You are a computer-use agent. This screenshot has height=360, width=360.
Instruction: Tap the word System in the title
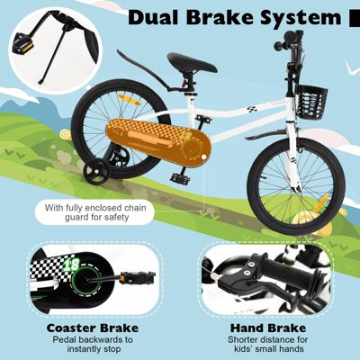click(x=301, y=18)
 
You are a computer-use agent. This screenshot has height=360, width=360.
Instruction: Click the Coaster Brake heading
click(x=93, y=328)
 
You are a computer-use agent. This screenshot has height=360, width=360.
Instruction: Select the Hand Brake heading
click(x=268, y=328)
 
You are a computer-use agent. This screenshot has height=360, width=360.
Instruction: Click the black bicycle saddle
click(x=192, y=62)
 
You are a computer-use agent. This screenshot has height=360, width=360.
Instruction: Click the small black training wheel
click(x=95, y=171)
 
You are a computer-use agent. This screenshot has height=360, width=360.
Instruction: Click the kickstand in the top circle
click(x=52, y=57)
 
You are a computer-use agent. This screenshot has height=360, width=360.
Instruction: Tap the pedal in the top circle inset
click(x=23, y=43)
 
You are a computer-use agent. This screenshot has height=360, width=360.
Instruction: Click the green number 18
click(x=72, y=264)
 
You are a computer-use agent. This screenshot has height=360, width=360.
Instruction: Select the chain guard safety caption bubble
click(x=94, y=212)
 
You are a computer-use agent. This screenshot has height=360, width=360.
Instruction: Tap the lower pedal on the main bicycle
click(x=180, y=178)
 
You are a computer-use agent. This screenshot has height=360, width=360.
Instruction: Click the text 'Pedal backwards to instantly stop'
click(x=93, y=345)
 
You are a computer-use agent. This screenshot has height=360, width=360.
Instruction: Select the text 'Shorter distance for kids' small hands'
click(x=268, y=345)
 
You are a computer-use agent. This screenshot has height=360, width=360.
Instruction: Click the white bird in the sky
click(x=352, y=68)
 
